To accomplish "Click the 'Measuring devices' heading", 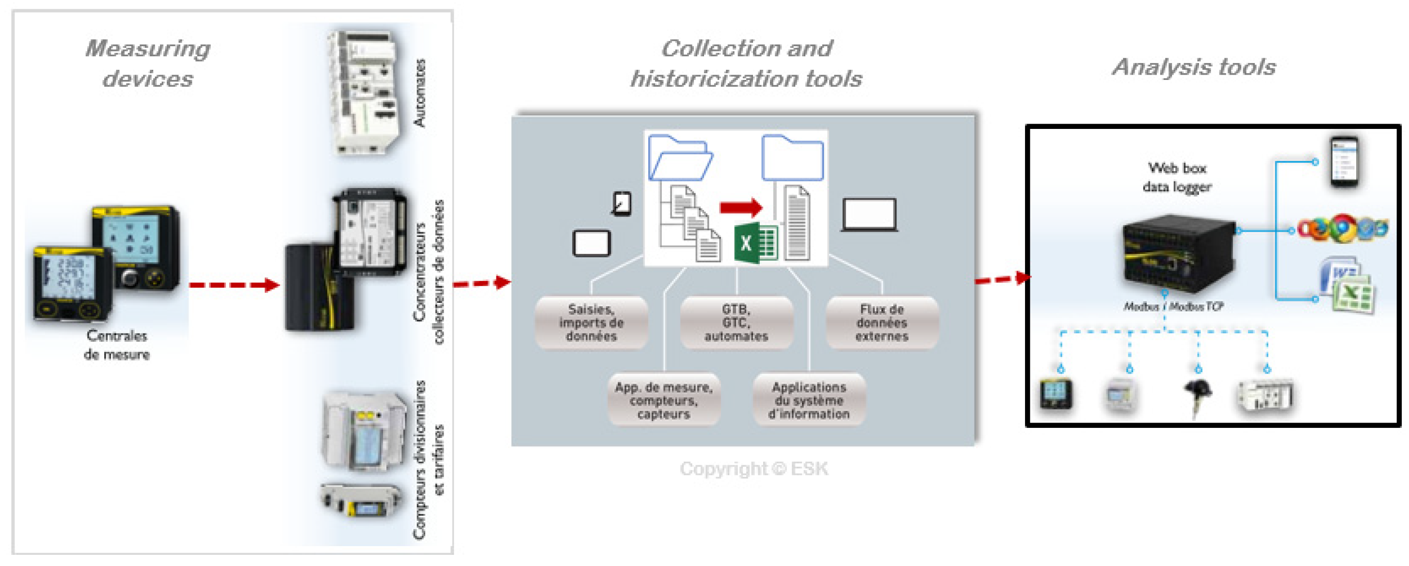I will [x=148, y=63].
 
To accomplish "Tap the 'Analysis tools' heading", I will [x=1194, y=67].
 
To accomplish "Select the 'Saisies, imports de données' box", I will [x=591, y=323].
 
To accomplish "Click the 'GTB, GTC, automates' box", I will [x=736, y=323].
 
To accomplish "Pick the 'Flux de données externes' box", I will [x=882, y=323].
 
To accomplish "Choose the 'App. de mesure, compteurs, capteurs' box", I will [x=663, y=400].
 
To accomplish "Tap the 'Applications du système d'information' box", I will [x=809, y=400].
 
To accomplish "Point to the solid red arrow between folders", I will [x=740, y=207].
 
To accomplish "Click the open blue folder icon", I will [x=680, y=158].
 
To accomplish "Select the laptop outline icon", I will [x=869, y=215].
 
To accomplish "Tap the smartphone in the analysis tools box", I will [x=1344, y=162].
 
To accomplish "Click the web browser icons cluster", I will [x=1343, y=229].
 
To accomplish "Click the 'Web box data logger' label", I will [x=1177, y=177].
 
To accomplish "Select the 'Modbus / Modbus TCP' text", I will [x=1173, y=307].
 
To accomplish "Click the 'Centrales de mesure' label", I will [x=116, y=345].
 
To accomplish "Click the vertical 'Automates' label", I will [x=419, y=93].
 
